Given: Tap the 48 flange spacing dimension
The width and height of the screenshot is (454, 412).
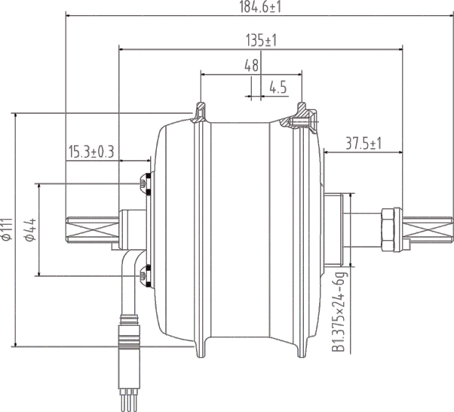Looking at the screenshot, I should point(251,66).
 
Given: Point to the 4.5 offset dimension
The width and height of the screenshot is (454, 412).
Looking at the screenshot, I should point(278,88).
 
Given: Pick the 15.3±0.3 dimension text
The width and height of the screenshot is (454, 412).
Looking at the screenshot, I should point(90,152).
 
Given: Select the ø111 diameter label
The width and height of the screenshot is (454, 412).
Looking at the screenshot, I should point(8,229).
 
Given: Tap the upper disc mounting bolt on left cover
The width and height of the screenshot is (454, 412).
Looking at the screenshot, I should point(144,183).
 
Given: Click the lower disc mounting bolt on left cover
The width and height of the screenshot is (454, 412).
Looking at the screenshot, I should point(144,276).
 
